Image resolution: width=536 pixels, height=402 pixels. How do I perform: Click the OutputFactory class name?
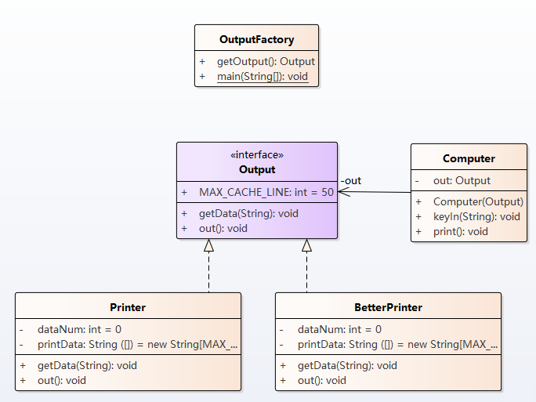click(256, 39)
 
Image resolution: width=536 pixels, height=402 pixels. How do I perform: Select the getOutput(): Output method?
click(266, 61)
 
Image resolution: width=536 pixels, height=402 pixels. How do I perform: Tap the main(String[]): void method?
click(263, 77)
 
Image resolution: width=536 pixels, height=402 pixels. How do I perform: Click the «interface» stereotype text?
click(257, 155)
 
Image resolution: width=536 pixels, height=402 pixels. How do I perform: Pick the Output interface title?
click(257, 169)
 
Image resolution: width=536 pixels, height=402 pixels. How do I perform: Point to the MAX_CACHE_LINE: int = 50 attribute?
click(266, 192)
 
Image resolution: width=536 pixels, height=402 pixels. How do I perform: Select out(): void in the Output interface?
click(223, 228)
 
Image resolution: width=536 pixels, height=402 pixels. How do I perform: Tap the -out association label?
click(351, 181)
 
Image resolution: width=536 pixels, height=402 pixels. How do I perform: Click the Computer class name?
click(469, 158)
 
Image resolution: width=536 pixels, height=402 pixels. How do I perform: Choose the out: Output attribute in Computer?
click(462, 180)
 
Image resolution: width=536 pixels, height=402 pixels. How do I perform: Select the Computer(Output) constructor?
click(478, 201)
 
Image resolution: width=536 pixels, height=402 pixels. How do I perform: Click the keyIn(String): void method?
click(476, 216)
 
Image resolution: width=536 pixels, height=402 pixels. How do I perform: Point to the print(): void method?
click(461, 231)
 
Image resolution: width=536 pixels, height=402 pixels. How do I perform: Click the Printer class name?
click(128, 307)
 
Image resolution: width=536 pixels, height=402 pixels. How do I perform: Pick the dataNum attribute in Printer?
click(79, 330)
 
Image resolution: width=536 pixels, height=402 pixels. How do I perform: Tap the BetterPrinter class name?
click(388, 307)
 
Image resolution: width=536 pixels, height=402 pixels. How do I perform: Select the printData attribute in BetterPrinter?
click(396, 344)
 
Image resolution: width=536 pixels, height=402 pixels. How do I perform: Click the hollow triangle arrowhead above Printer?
click(209, 245)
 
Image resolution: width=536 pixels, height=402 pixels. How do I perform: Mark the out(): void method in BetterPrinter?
click(322, 380)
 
